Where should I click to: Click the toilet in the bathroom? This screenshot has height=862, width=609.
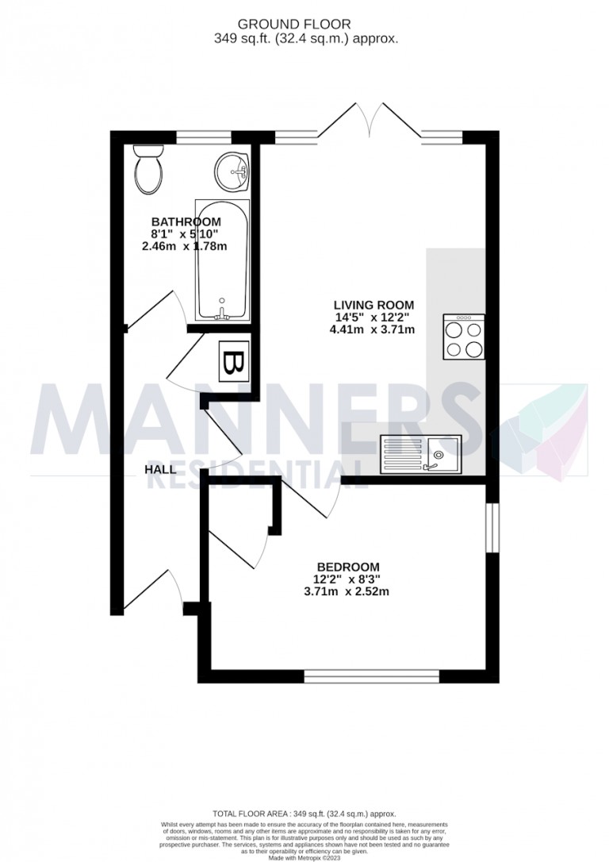pos(147,169)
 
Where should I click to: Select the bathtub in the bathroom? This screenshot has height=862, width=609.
pos(222,260)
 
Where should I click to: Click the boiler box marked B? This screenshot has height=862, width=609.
pos(233,364)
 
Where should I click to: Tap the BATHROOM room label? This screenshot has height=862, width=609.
pos(186,221)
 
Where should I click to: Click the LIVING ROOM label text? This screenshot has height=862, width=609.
pos(373,305)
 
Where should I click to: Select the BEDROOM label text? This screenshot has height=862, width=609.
pos(348,566)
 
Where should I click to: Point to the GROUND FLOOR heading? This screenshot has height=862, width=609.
pos(304,25)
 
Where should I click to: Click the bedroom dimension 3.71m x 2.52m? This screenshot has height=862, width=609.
pos(348,591)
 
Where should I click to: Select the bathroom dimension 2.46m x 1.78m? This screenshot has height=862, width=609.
pos(186,246)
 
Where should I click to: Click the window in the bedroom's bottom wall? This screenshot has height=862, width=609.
pos(372,676)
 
